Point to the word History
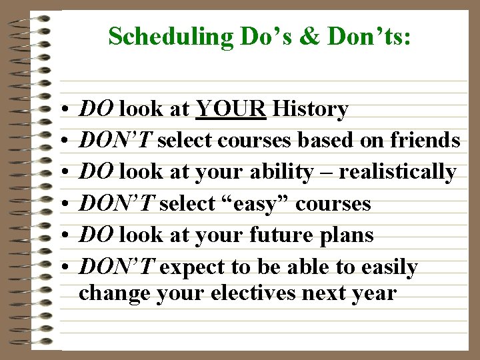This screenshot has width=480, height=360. [311, 109]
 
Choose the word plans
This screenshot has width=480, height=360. [350, 235]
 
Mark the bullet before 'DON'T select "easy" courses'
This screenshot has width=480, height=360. [61, 204]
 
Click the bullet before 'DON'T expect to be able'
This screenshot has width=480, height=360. [61, 268]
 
